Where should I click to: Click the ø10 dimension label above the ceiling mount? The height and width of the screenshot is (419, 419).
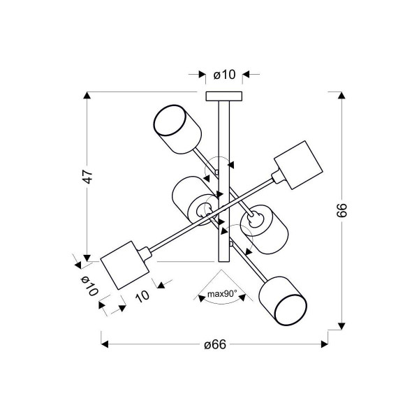tap(224, 75)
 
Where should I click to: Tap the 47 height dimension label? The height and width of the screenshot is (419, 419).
tap(88, 176)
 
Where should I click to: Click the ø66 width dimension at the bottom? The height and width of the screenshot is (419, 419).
tap(215, 344)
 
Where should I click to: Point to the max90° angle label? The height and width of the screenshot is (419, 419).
tap(222, 294)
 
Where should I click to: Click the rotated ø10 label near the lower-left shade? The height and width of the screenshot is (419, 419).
tap(89, 286)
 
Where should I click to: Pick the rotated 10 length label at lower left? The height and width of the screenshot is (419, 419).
tap(142, 296)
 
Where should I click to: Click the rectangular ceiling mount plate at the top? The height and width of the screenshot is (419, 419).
tap(224, 96)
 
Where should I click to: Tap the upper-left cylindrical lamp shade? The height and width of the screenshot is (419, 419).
tap(177, 129)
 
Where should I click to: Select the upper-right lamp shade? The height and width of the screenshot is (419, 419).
tap(298, 165)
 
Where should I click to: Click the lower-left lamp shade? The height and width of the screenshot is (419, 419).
tap(124, 265)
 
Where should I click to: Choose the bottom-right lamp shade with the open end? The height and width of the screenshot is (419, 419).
tap(283, 301)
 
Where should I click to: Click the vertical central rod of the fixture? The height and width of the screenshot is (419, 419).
tap(224, 181)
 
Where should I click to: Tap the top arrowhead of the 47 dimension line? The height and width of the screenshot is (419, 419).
tap(87, 96)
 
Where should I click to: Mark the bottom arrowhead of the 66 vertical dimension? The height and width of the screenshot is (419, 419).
tap(341, 326)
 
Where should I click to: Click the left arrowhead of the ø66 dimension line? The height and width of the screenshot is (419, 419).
tap(105, 344)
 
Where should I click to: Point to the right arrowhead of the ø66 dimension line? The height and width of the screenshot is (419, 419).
tap(324, 344)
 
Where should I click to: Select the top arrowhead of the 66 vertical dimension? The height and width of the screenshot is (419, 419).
tap(341, 96)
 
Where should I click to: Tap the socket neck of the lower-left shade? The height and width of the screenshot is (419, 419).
tap(145, 253)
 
